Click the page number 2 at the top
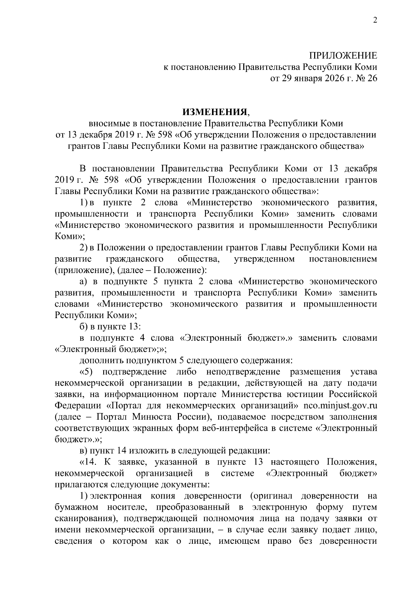click(375, 21)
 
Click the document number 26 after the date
click(371, 79)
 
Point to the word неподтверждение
click(243, 372)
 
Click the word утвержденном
click(264, 259)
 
